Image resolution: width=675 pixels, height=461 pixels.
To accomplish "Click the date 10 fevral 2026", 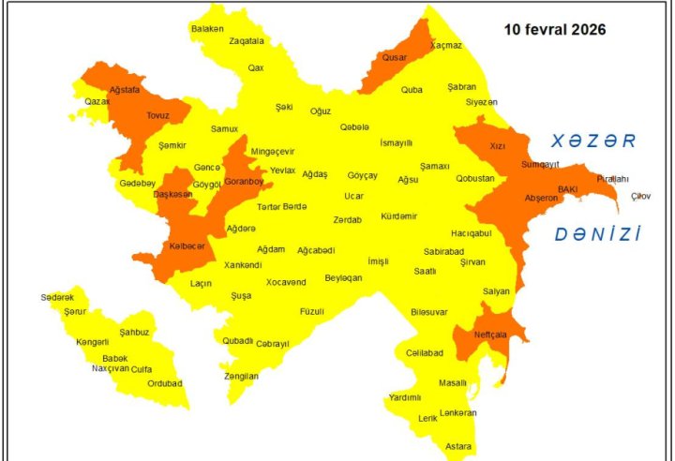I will click(x=555, y=30).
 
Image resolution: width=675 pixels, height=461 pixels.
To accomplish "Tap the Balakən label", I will click(x=208, y=29).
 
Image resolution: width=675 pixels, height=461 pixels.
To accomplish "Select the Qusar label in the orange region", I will click(x=393, y=57).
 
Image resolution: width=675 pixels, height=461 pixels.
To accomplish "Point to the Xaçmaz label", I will click(x=446, y=45).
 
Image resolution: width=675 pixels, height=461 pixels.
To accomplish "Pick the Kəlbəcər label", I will click(x=187, y=245).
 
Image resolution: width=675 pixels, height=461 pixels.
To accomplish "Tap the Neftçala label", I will click(x=490, y=334).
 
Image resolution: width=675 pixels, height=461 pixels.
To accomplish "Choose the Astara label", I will click(x=458, y=446).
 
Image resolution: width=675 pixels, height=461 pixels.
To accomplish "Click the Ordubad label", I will click(x=165, y=383).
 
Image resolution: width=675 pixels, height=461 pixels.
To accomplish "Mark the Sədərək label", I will click(x=56, y=297).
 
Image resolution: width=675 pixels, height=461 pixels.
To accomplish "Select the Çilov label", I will click(x=640, y=196).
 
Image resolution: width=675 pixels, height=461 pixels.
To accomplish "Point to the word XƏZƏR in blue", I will click(x=593, y=141).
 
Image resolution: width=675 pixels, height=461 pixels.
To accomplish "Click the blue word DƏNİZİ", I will click(x=597, y=234).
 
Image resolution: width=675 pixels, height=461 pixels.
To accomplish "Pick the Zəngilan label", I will click(x=242, y=376).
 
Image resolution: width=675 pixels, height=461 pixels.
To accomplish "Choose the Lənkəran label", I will click(x=457, y=412).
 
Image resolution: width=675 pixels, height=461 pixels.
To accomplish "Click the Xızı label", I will click(x=498, y=146).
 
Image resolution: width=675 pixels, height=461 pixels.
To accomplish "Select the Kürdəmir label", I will click(x=398, y=216).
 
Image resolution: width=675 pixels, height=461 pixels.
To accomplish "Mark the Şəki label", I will click(x=284, y=108).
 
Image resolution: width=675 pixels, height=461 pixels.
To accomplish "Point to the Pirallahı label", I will click(x=613, y=179).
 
